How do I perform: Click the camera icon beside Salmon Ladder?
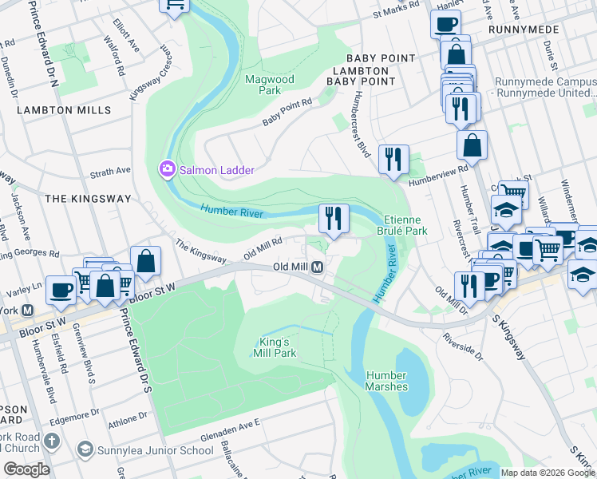coord(167,169)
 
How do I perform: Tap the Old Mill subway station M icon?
coord(317,267)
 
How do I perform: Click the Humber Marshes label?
coord(387,381)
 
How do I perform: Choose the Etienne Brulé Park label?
coord(406,224)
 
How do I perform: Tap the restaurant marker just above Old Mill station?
coord(333,218)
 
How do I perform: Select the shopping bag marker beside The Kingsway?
coord(147,260)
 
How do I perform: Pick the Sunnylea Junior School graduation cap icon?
coord(85,449)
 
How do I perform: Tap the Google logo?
coord(26,469)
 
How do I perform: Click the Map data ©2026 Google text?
coord(548,473)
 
